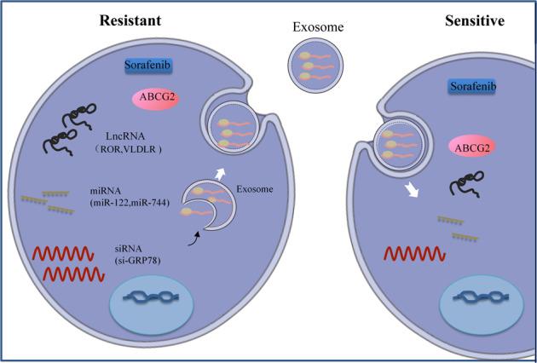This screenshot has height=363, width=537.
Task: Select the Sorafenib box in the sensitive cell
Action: [x=472, y=87]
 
